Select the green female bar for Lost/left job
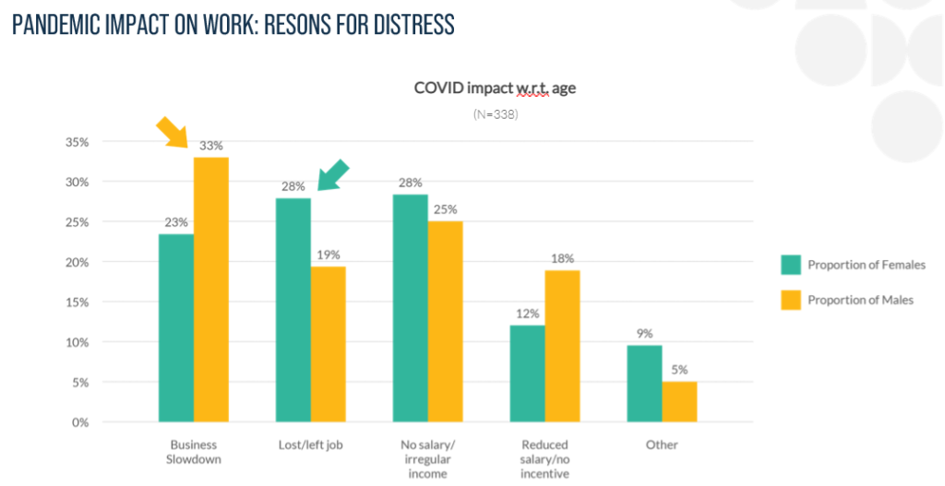click(293, 310)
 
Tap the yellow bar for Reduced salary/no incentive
click(562, 346)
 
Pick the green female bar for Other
click(645, 384)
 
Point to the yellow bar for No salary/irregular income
click(445, 321)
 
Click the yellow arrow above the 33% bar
click(173, 133)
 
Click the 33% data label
click(211, 146)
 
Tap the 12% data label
click(527, 314)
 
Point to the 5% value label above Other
click(679, 370)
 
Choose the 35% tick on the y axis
click(76, 142)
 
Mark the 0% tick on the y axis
click(79, 422)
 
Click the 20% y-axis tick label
click(76, 262)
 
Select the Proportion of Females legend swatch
click(789, 265)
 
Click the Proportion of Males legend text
click(860, 300)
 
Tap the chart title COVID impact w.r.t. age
click(495, 89)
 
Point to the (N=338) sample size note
click(495, 115)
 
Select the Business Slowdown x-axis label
click(194, 451)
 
